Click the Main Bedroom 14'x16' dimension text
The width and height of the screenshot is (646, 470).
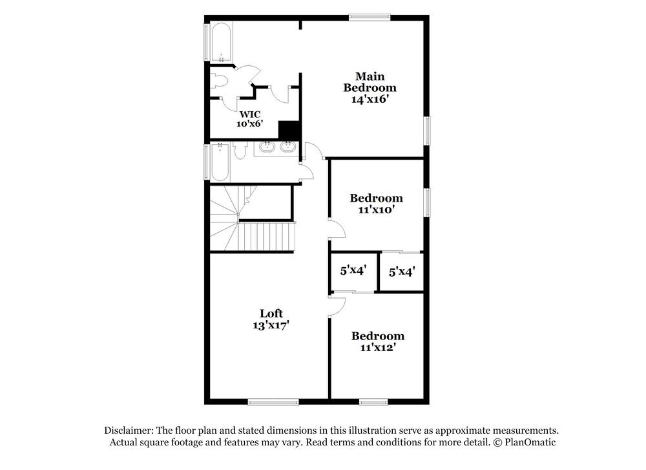pos(369,100)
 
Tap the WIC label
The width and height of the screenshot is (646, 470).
pos(250,114)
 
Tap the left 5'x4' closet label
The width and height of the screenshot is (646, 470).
pos(353,270)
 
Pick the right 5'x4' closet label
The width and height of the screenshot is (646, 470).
pos(401,272)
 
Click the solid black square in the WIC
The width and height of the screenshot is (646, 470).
pos(289,131)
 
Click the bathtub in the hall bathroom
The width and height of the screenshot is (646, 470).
pos(220,162)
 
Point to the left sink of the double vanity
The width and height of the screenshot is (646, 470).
pos(266,148)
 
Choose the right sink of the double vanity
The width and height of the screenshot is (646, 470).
pos(287,148)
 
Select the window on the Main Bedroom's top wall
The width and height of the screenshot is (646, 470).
pos(370,17)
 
